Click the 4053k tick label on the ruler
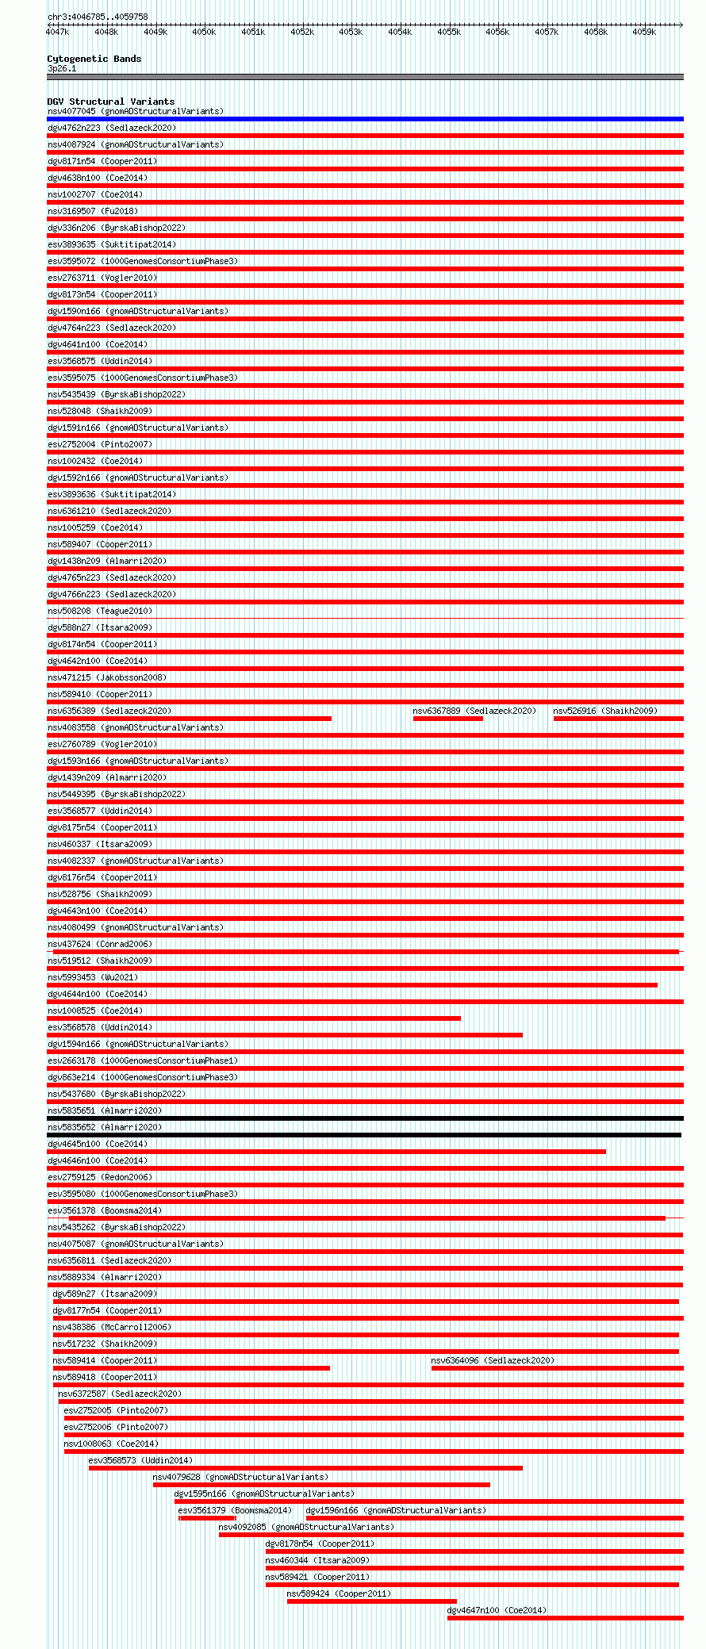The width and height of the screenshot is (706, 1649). coord(351,33)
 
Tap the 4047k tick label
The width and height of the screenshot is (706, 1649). coord(57,33)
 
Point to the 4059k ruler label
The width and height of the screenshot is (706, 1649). coord(644,33)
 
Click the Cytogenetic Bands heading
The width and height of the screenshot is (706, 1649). coord(94,59)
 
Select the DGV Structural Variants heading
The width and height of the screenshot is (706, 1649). coord(110,102)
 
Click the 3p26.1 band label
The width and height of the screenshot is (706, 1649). coord(62,68)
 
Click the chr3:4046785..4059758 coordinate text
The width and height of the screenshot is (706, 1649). coord(98,17)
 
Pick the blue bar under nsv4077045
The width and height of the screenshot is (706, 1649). coord(365,119)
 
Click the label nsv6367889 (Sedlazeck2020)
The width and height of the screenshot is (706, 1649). coord(474,711)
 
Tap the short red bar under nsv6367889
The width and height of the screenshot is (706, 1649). coord(447,719)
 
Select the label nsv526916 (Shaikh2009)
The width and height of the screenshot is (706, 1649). coord(605,711)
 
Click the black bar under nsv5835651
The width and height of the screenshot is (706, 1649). coord(365,1118)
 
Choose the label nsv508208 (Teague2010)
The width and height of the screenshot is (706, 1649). coord(100,611)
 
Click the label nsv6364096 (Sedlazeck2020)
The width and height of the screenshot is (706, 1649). coord(493,1360)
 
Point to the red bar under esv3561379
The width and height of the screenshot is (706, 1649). coord(207,1518)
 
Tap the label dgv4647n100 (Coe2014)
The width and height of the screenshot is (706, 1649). coord(497,1610)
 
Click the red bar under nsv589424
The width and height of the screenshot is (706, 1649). coord(371,1601)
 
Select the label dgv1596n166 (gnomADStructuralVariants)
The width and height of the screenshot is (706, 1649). coord(396,1510)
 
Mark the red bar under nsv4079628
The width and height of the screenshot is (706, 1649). coord(321,1485)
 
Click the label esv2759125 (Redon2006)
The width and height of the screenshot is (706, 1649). coord(100,1177)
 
